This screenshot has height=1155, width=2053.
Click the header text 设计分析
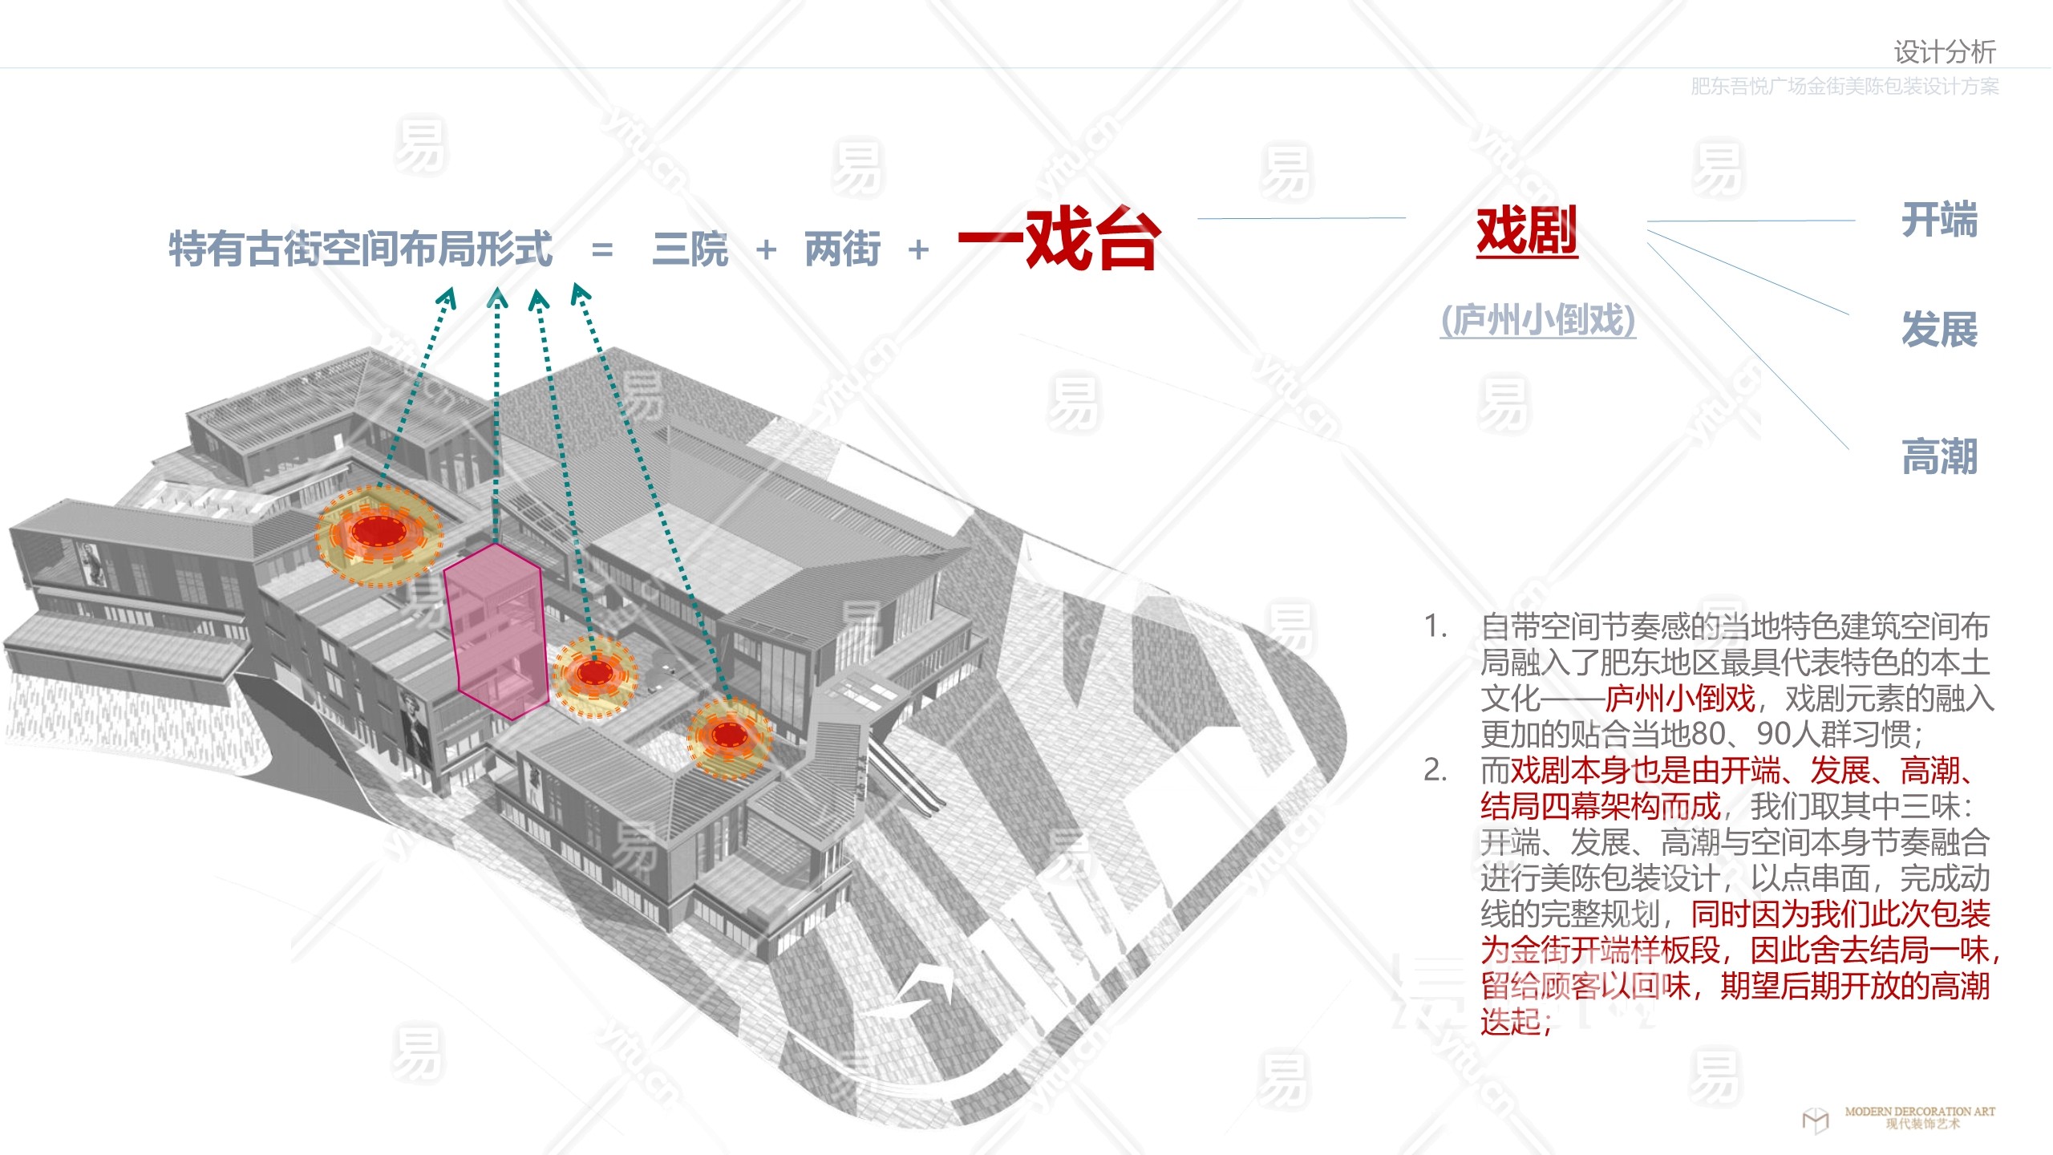tap(1944, 52)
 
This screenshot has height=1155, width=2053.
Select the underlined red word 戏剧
tap(1527, 231)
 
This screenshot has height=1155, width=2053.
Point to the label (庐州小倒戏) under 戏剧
tap(1537, 320)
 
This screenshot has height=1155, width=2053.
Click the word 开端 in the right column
tap(1939, 220)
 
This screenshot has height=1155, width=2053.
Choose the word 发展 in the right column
tap(1939, 330)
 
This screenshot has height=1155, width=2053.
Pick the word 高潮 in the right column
tap(1939, 456)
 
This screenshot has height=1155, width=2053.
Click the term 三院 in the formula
tap(690, 249)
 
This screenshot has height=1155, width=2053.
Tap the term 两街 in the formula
tap(842, 249)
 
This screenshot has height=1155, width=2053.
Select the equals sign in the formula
tap(601, 250)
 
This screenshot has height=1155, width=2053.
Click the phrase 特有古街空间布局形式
tap(361, 249)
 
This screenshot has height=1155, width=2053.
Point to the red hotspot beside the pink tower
tap(594, 672)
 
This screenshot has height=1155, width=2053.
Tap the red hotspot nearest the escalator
tap(728, 735)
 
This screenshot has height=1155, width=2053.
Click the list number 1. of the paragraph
tap(1435, 626)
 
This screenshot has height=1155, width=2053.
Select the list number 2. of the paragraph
tap(1435, 770)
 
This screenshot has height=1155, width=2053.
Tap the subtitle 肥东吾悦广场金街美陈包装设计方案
tap(1844, 87)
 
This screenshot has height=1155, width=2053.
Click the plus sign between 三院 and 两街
tap(766, 250)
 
